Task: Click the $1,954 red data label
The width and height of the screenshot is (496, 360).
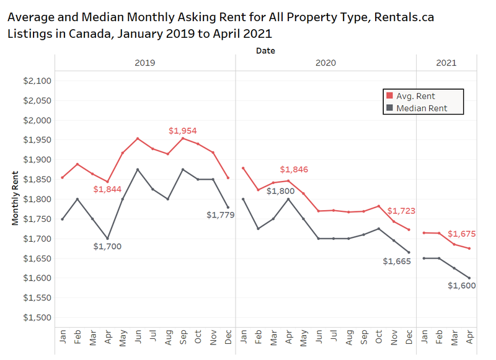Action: (182, 131)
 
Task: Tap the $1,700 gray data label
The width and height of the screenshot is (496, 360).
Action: (107, 247)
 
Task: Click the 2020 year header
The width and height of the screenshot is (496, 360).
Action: (325, 63)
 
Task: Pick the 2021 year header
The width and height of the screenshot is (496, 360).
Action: (446, 63)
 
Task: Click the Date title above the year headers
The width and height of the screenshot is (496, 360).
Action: (265, 51)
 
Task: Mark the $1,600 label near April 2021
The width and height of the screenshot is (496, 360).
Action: (462, 286)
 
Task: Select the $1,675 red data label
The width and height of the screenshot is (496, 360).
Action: (462, 234)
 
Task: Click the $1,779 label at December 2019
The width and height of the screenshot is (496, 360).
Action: (219, 215)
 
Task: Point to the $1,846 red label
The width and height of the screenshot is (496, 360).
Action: (294, 169)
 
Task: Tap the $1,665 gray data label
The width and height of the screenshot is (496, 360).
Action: (397, 261)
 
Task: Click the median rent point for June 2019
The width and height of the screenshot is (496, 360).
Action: (138, 170)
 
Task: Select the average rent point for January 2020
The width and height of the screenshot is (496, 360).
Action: (242, 168)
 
